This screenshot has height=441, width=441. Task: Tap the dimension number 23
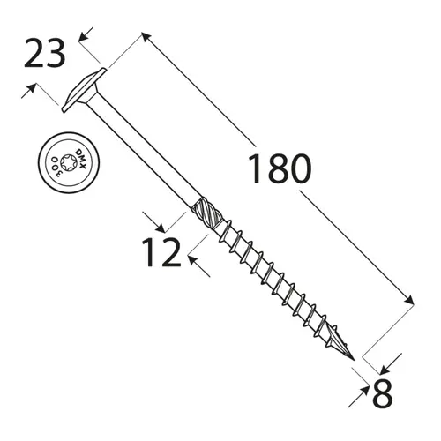coord(44,55)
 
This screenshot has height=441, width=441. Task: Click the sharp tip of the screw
coord(355,361)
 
